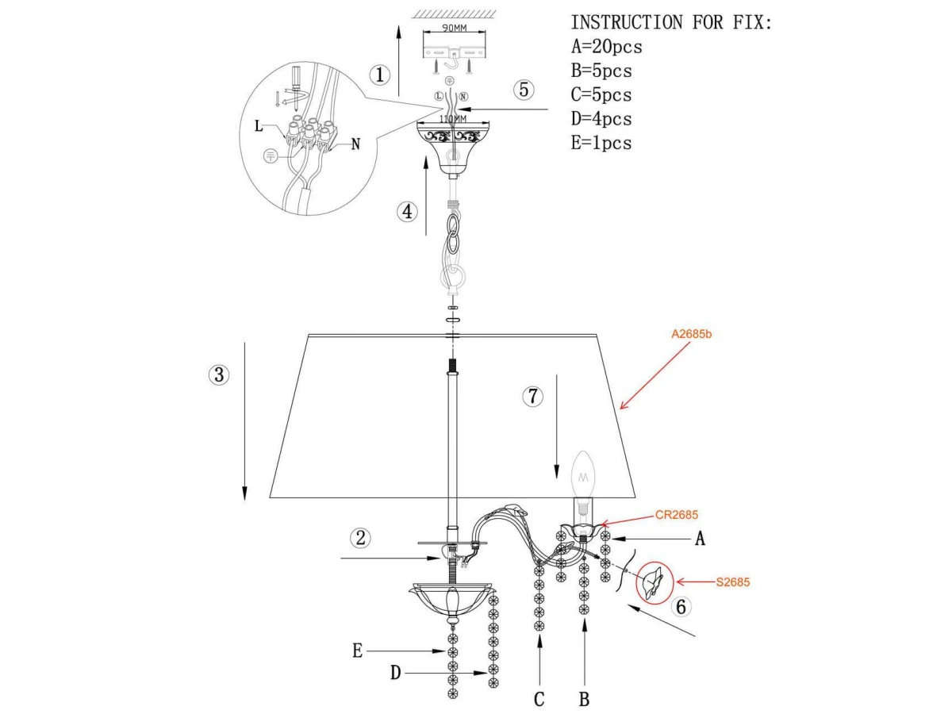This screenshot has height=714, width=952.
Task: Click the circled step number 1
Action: coord(379,75)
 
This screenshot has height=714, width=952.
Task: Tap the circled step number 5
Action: coord(524,90)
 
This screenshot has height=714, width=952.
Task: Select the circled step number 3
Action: coord(219,374)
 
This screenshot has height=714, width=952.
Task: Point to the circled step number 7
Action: coord(532,396)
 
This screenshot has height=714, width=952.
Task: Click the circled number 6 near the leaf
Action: coord(681,606)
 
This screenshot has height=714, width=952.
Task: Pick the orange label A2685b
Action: coord(691,334)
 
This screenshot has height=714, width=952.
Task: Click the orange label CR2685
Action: coord(677,515)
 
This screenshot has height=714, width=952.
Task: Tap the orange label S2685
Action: coord(732,582)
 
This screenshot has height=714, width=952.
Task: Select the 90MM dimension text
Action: coord(454,28)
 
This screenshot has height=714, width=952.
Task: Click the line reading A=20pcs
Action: coord(606,46)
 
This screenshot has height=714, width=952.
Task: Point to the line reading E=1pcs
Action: coord(601,143)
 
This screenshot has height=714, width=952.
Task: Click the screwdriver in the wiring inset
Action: coord(297,86)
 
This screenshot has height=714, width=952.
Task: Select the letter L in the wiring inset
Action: coord(259,126)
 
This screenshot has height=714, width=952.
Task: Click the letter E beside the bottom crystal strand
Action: coord(357,651)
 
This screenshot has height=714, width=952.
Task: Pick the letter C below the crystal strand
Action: coord(539,699)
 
